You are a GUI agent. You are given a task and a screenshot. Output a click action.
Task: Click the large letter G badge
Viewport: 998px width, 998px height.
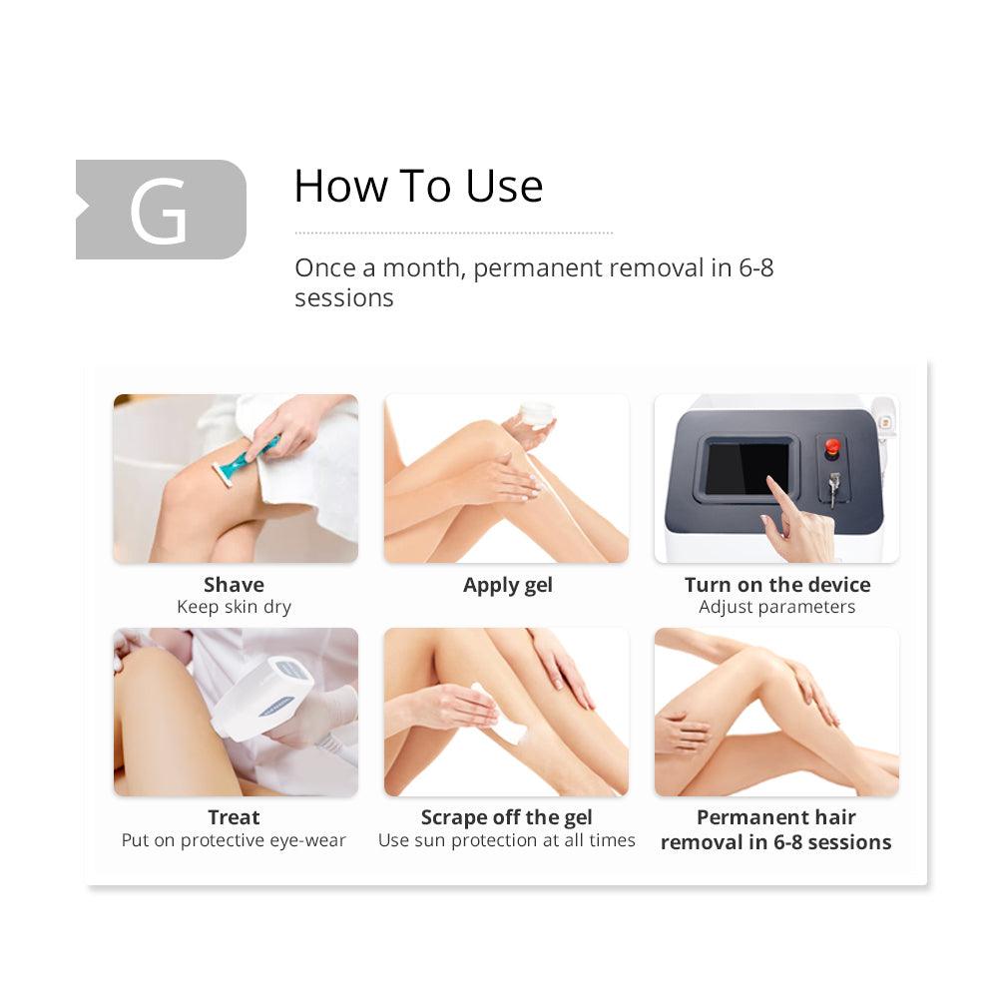pyautogui.click(x=161, y=210)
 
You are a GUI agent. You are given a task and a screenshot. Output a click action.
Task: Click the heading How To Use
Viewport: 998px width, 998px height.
pyautogui.click(x=418, y=186)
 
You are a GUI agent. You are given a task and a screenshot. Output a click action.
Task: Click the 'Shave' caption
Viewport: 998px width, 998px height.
pyautogui.click(x=234, y=584)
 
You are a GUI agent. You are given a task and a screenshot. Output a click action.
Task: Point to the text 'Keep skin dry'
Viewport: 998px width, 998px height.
pyautogui.click(x=235, y=607)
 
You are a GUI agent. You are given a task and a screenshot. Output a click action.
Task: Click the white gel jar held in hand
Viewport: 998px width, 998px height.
pyautogui.click(x=536, y=414)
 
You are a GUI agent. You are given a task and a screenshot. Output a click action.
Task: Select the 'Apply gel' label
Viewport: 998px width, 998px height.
pyautogui.click(x=507, y=585)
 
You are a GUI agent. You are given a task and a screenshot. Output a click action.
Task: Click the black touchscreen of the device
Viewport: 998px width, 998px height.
pyautogui.click(x=747, y=468)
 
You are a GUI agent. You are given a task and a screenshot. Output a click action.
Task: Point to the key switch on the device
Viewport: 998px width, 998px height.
pyautogui.click(x=833, y=488)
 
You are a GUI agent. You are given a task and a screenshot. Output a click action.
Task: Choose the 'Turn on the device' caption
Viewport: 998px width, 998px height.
pyautogui.click(x=777, y=584)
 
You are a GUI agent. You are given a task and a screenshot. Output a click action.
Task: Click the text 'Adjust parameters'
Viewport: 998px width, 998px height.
pyautogui.click(x=776, y=607)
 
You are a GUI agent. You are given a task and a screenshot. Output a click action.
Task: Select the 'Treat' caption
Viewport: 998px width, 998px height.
pyautogui.click(x=234, y=817)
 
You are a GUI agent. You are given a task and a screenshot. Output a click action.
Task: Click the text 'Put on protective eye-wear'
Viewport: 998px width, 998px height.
pyautogui.click(x=234, y=840)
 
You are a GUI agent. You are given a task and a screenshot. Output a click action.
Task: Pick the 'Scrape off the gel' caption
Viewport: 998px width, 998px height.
pyautogui.click(x=507, y=817)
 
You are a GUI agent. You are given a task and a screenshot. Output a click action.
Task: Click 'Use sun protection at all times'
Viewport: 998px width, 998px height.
pyautogui.click(x=507, y=840)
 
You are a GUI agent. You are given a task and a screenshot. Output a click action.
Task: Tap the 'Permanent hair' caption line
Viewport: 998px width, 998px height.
pyautogui.click(x=775, y=817)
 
